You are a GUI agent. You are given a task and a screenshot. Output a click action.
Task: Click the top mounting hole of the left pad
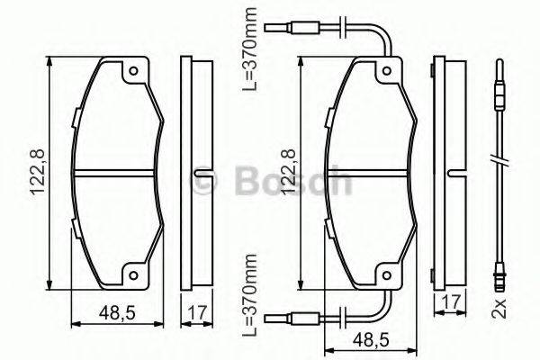[x=133, y=71]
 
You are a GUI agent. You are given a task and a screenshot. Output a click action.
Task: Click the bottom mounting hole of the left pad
[x=133, y=277]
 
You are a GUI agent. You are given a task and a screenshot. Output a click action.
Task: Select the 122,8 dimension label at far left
[x=34, y=175]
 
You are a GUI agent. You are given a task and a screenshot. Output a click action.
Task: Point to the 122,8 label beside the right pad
[x=286, y=175]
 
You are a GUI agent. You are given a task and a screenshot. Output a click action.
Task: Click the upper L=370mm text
[x=254, y=47]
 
